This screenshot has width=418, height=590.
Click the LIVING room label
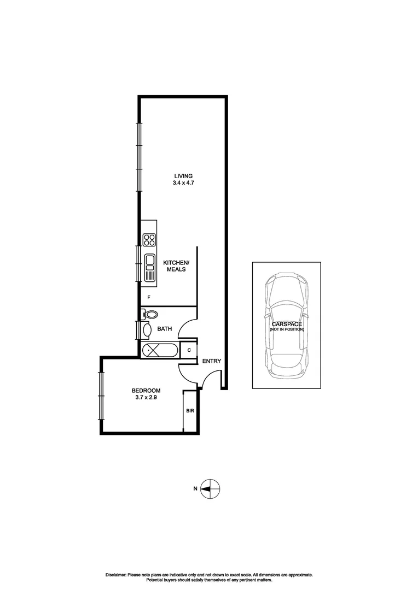click(184, 175)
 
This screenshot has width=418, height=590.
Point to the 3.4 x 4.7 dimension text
click(184, 184)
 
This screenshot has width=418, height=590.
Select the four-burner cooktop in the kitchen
click(149, 240)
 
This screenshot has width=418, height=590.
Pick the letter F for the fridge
click(149, 297)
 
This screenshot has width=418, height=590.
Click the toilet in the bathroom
click(150, 314)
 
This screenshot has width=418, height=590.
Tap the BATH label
click(165, 329)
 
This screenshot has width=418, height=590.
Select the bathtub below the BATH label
click(159, 350)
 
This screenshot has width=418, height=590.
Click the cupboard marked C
click(189, 350)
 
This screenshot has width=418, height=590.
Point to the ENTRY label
click(211, 361)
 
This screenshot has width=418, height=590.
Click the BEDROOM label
click(146, 390)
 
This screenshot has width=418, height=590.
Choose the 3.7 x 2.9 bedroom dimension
click(146, 398)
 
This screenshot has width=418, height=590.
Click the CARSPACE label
click(286, 324)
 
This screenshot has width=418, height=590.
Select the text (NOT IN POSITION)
click(286, 330)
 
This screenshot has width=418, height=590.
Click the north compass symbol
click(211, 488)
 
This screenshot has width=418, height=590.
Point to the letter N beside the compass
click(195, 489)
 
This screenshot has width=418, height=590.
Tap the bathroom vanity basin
click(147, 329)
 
